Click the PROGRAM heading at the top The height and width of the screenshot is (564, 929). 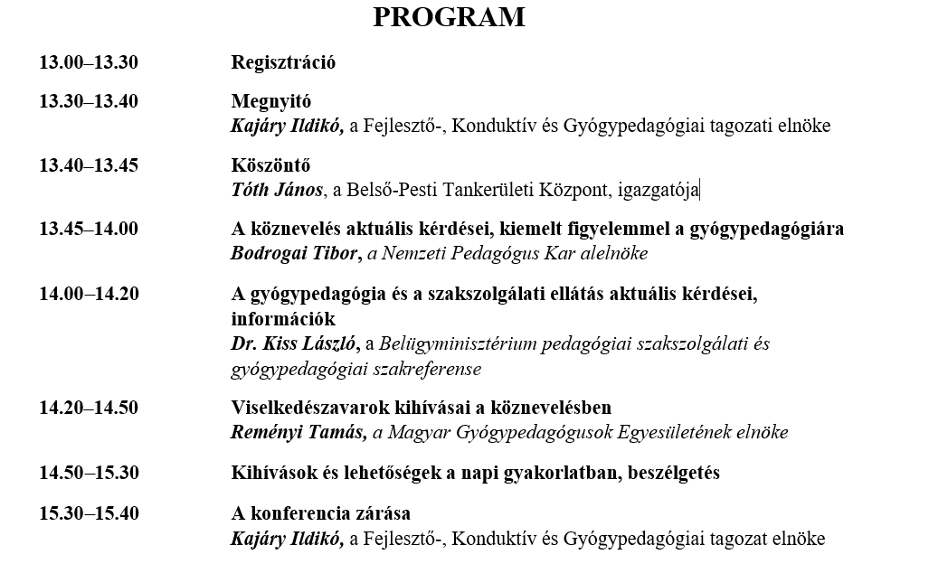coord(449,18)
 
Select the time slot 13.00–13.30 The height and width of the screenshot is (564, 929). coord(88,62)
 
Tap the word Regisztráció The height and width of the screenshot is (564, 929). coord(283,62)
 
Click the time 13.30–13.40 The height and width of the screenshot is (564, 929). coord(88,101)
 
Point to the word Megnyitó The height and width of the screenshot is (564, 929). coord(270,101)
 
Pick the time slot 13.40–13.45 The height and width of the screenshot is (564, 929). coord(88,164)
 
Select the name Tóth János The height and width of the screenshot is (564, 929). coord(277,189)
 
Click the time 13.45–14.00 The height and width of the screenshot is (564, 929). coord(88,229)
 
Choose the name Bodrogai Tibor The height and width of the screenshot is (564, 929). coord(295,253)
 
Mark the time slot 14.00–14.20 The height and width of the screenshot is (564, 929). coord(88,294)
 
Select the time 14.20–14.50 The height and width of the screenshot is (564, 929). coord(88,408)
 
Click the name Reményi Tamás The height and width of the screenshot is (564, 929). coord(299,432)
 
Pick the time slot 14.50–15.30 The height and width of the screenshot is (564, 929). coord(88,473)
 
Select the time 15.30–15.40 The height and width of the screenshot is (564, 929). coord(88,513)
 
